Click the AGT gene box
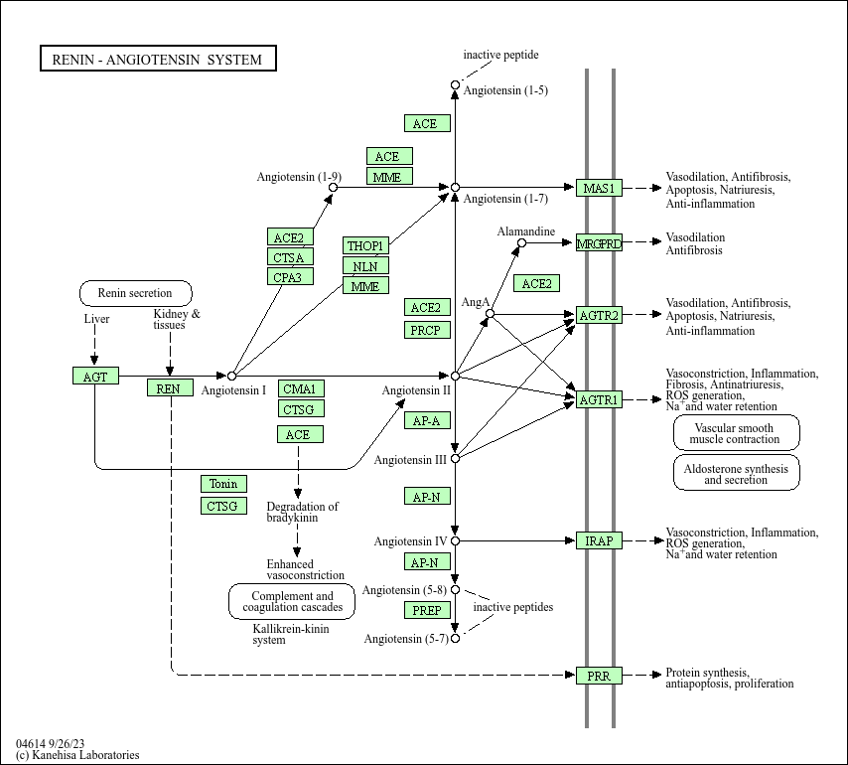pos(95,376)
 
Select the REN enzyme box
pos(170,387)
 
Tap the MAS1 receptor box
pos(599,188)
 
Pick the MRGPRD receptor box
pos(599,242)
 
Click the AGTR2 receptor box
pos(599,316)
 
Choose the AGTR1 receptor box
pos(599,399)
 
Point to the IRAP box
pos(599,540)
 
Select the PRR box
pos(599,676)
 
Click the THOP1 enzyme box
pos(365,245)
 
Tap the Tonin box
pos(223,484)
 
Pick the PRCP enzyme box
pos(428,330)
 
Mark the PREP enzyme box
pos(427,610)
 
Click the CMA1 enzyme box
pos(301,388)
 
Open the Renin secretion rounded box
pos(135,293)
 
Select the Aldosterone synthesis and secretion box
pos(736,474)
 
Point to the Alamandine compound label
pos(526,230)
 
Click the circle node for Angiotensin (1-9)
pos(333,187)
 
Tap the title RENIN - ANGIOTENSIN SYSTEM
pos(157,59)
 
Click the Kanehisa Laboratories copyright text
pos(78,754)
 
